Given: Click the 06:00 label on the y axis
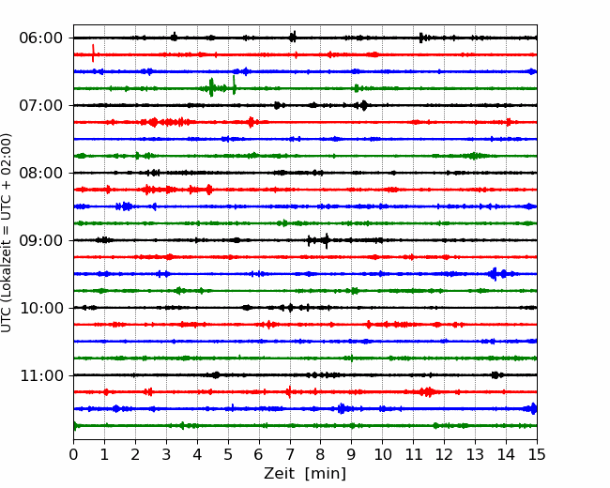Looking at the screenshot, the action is [41, 38].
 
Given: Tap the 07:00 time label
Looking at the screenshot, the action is [41, 105].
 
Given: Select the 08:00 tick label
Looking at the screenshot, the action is [41, 173].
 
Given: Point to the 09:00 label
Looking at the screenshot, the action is [41, 240].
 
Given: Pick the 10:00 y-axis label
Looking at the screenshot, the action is [41, 308].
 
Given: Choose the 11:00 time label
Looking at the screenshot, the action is [41, 375].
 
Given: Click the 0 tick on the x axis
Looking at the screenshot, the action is [73, 454].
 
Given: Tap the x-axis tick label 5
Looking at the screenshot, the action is [228, 454].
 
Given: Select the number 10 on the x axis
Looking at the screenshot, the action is [382, 454].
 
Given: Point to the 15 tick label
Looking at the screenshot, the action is [537, 454].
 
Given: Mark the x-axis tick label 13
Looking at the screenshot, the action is [475, 454].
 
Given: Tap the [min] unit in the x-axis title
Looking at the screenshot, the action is [326, 474].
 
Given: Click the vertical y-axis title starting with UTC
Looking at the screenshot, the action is [7, 233].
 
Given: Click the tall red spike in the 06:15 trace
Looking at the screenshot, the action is [93, 53].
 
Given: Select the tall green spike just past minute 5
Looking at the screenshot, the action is [234, 84].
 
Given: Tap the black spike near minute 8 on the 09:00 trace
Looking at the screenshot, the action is [327, 241].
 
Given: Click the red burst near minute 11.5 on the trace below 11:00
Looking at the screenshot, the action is [428, 392].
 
